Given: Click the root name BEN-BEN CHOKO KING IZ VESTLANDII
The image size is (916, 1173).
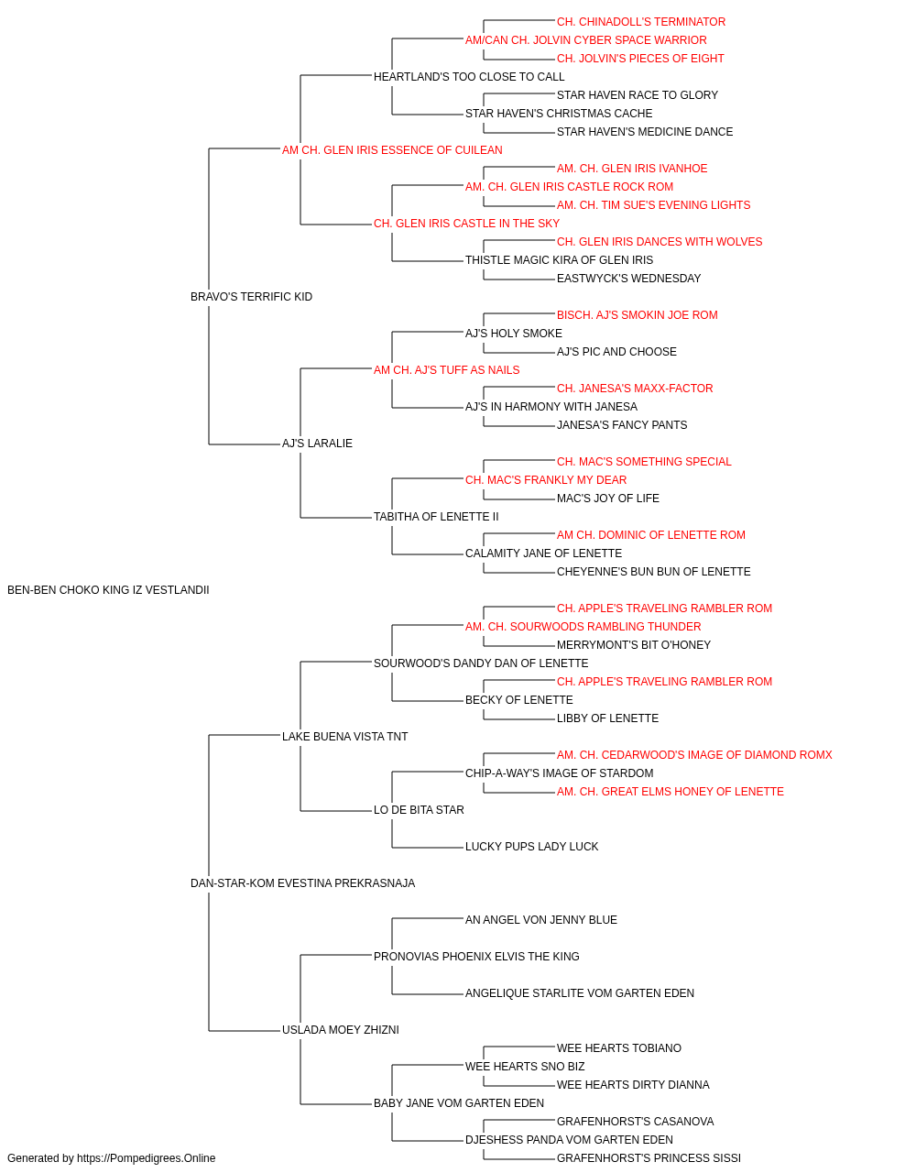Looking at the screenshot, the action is [x=108, y=590].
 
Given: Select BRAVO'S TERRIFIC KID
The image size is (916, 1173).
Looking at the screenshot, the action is [x=251, y=297].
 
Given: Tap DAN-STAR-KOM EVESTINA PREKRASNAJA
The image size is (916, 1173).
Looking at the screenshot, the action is [x=302, y=883].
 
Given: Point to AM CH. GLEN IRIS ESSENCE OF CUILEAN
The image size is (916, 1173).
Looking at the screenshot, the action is [x=392, y=150].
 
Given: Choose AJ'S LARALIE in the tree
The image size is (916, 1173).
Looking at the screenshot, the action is [x=317, y=444].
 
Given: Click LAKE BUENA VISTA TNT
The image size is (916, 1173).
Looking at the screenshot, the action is [x=344, y=737].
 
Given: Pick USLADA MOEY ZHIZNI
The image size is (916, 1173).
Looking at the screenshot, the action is [x=341, y=1030].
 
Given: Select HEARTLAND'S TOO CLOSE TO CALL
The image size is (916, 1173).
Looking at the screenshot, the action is [x=469, y=77].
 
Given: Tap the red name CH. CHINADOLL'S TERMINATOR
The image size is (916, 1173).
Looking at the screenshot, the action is [x=641, y=22].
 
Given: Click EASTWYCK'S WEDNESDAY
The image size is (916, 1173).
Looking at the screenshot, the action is [x=628, y=279].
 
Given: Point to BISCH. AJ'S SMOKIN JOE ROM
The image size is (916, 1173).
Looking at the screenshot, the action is [x=638, y=315].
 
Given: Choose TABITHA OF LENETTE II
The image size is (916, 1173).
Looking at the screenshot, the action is [x=436, y=517].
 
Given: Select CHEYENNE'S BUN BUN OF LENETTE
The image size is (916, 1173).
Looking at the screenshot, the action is [x=653, y=572].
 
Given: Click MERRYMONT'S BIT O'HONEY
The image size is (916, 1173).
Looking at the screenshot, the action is [x=634, y=645].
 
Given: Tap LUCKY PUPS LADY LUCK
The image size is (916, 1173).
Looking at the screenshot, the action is [x=531, y=847].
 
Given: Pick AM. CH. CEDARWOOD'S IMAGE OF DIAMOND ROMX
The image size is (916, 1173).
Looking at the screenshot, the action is [x=694, y=755].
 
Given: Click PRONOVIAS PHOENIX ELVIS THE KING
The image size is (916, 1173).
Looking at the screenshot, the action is [x=476, y=957].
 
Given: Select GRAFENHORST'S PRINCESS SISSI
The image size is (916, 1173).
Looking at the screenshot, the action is [x=649, y=1158].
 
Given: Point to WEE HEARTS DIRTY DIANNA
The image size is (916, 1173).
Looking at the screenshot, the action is [x=633, y=1085].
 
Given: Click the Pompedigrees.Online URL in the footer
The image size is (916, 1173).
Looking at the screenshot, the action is [x=146, y=1158].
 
